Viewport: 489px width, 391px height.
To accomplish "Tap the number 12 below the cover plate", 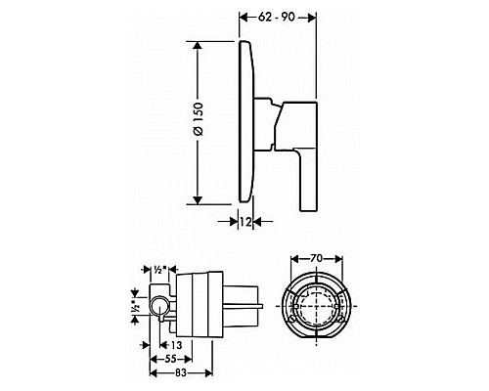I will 247,223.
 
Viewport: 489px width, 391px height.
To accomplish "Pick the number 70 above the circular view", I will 317,261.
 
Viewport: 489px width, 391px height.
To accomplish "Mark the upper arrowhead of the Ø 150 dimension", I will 199,45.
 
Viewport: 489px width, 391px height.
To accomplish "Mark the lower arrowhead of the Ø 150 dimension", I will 199,199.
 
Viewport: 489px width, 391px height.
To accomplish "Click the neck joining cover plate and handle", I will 264,105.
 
